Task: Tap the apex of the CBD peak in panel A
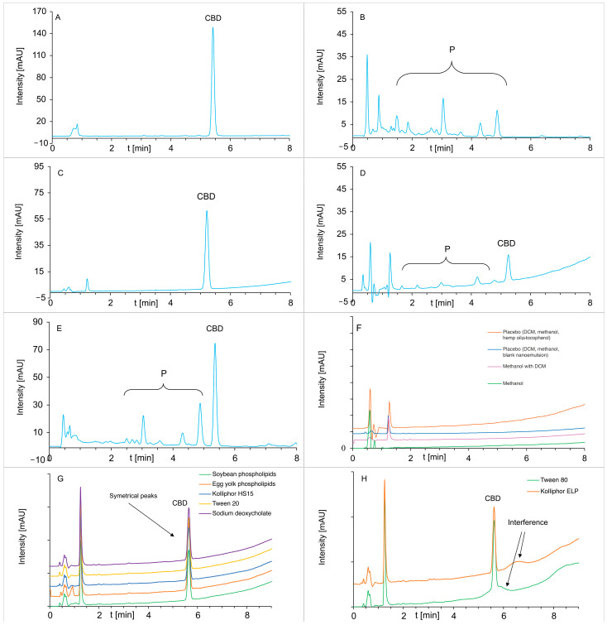(x=213, y=28)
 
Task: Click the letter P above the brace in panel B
(x=452, y=50)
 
